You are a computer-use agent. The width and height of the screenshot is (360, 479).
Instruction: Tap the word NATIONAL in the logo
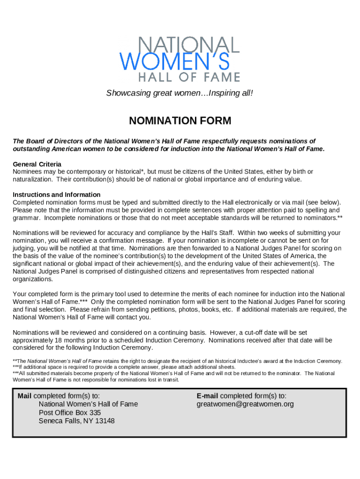(x=189, y=45)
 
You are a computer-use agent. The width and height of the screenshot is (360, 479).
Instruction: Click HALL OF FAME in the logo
(x=189, y=77)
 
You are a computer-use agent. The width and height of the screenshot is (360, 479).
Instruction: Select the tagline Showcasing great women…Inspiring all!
(x=180, y=93)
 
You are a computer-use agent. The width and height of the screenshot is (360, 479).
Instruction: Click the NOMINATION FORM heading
(x=180, y=121)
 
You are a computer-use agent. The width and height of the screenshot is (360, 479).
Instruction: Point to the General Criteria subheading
(x=37, y=164)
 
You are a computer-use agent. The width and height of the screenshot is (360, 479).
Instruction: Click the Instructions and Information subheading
(x=57, y=195)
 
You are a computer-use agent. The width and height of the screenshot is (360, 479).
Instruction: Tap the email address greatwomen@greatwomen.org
(x=245, y=404)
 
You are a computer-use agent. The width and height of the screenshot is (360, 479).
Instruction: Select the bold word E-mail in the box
(x=207, y=396)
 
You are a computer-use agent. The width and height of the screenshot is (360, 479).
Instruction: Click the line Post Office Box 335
(x=70, y=413)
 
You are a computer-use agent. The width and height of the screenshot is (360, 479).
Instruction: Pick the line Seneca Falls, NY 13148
(x=77, y=421)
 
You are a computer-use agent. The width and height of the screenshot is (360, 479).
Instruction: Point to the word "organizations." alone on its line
(x=33, y=279)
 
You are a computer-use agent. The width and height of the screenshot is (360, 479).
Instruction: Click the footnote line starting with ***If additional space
(x=124, y=367)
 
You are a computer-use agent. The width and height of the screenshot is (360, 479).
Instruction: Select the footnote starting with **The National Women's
(x=178, y=361)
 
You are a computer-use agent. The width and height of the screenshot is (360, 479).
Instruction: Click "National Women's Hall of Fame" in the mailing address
(x=88, y=404)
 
